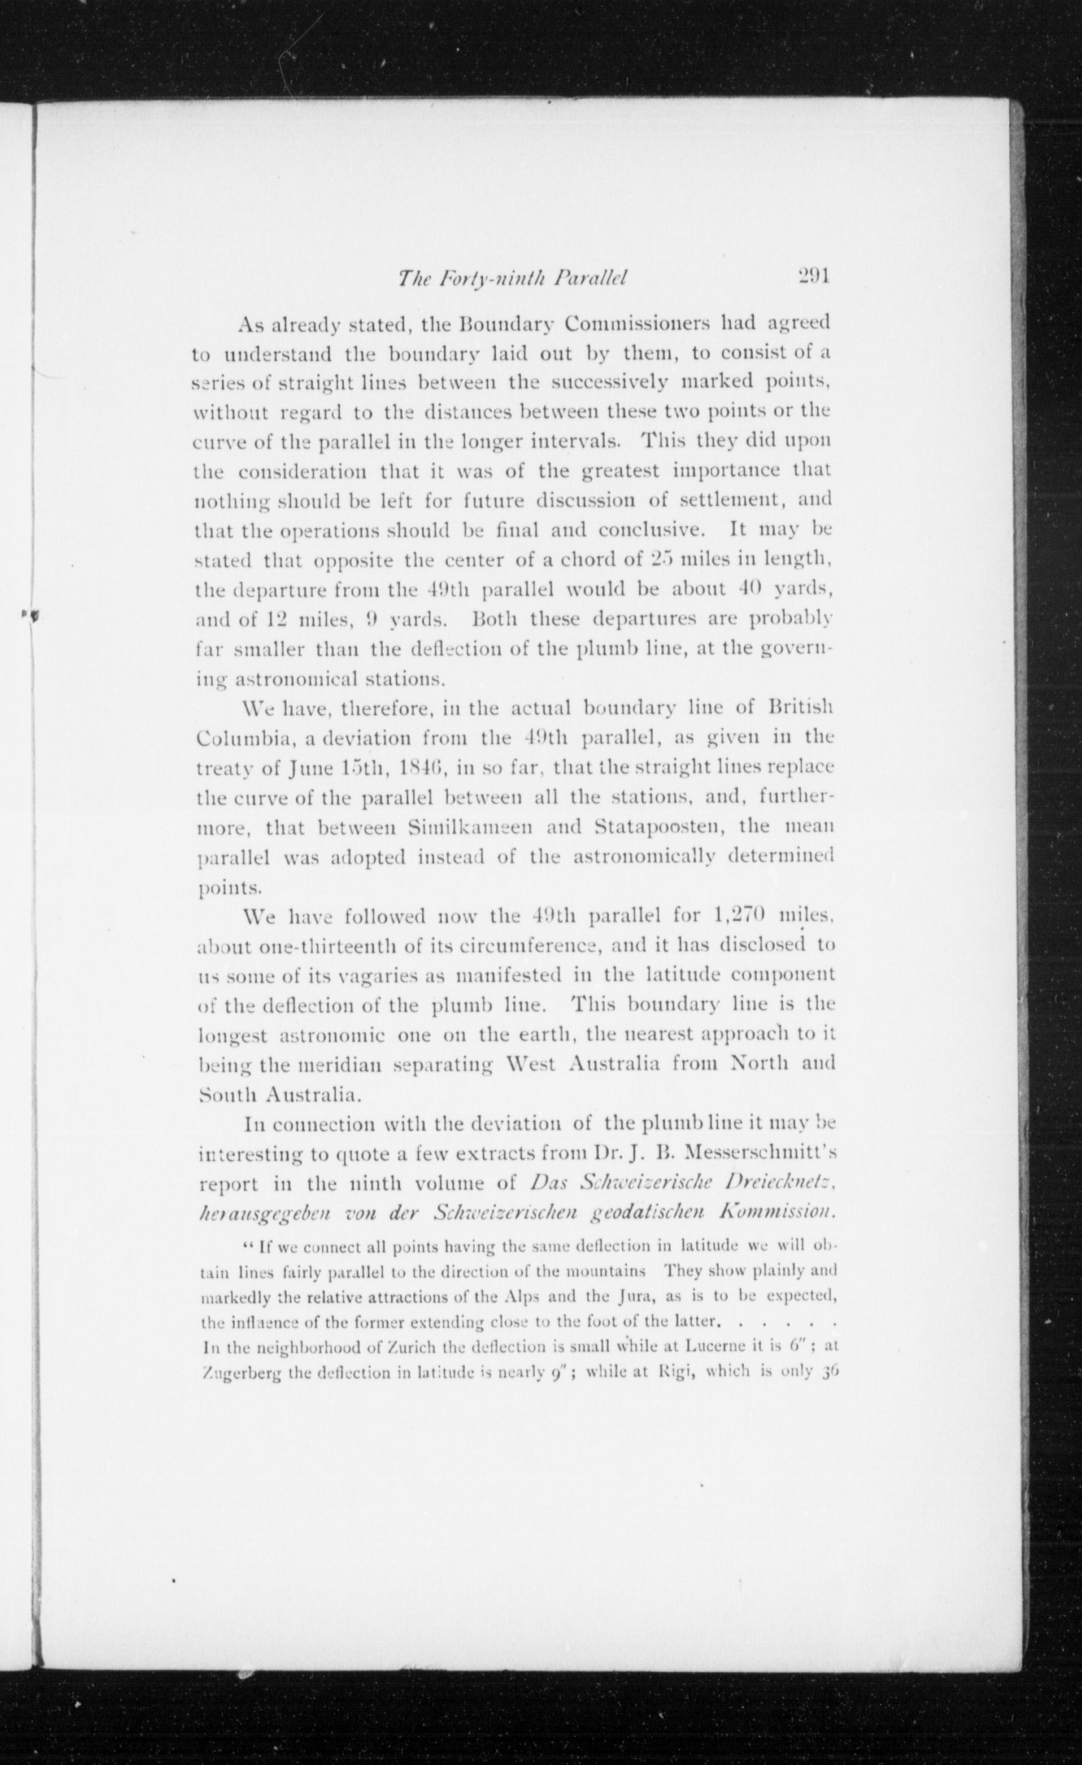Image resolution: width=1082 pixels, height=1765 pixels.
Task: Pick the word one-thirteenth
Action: tap(318, 946)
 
